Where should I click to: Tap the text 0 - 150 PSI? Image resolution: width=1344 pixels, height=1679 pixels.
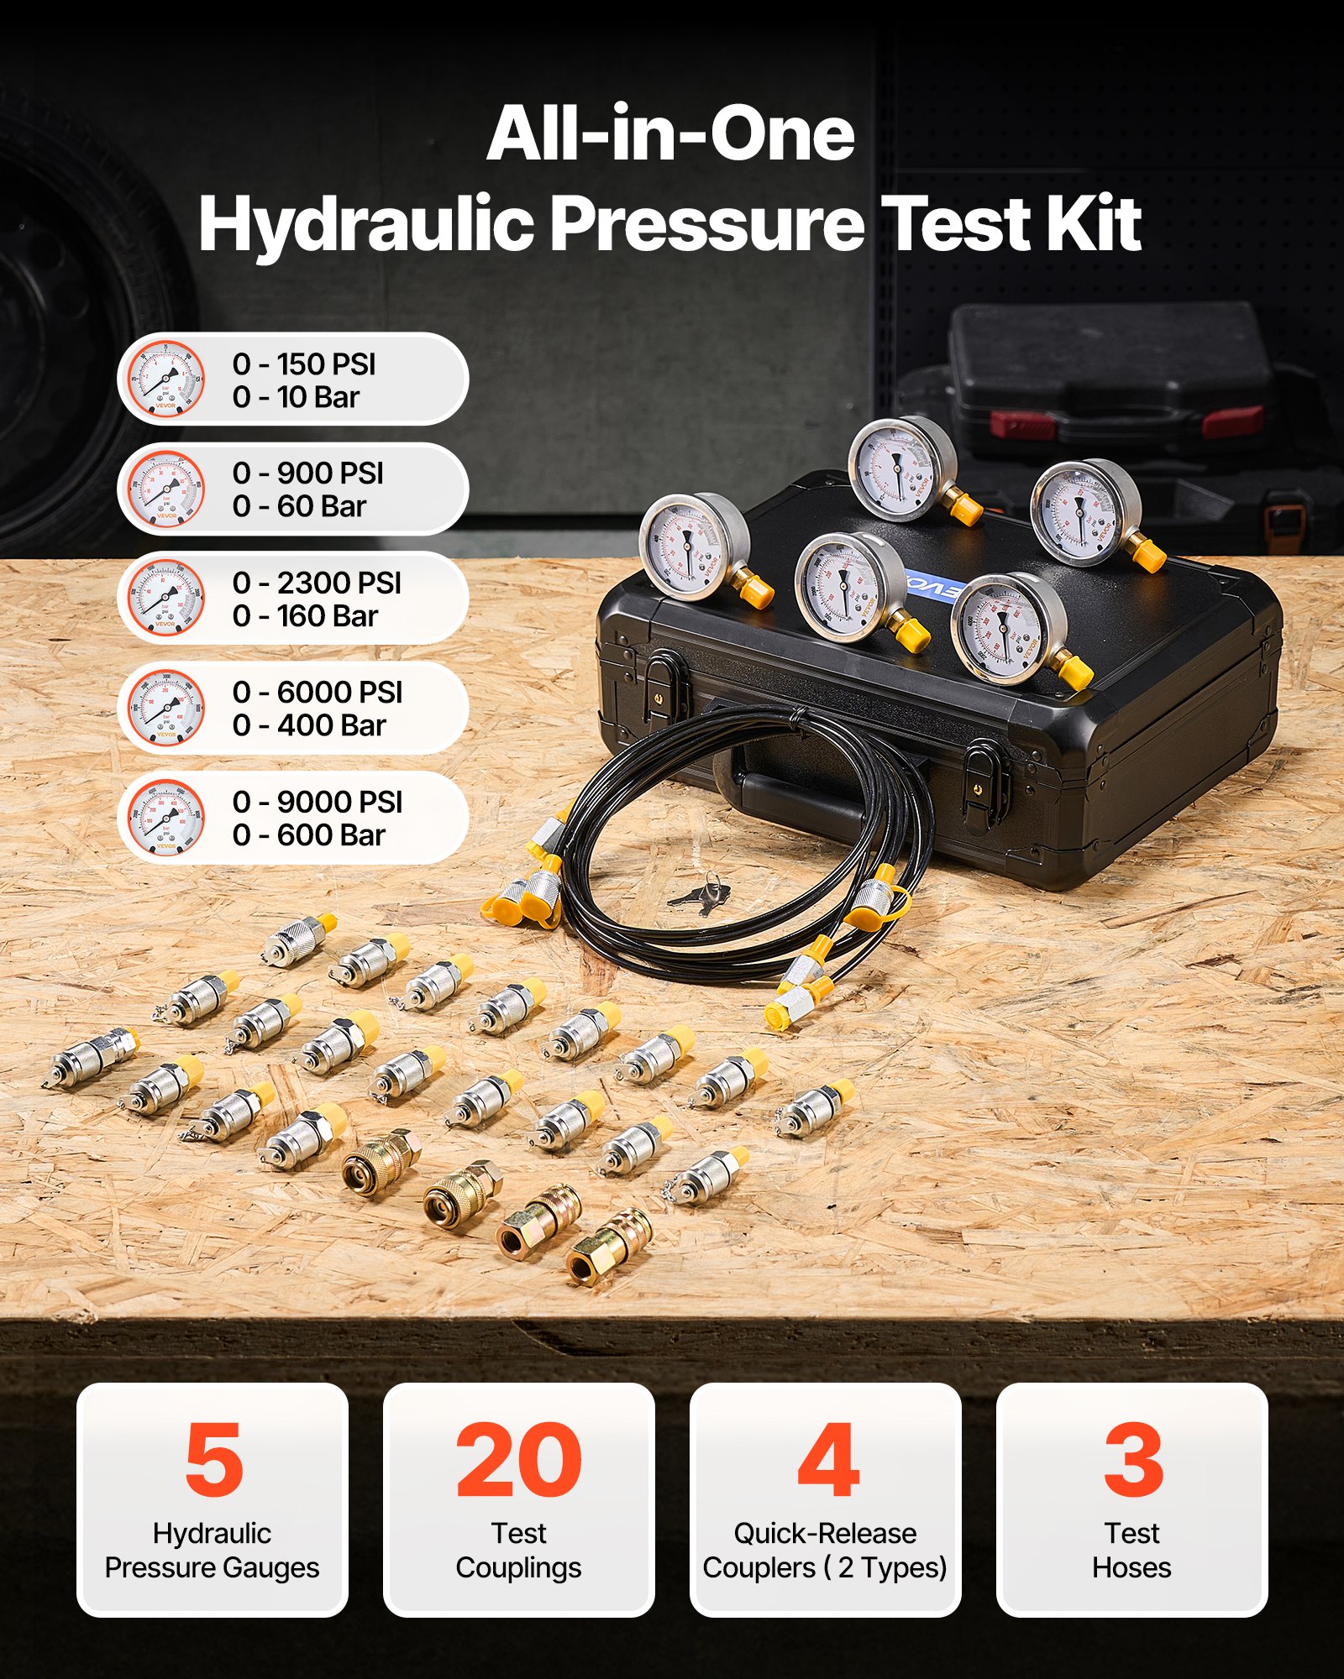click(x=304, y=364)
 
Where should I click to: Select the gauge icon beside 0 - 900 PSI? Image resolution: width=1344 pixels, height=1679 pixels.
click(x=165, y=489)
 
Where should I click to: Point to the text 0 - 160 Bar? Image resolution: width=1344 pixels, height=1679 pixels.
click(x=305, y=616)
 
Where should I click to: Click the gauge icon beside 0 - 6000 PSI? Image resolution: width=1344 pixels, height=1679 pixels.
click(x=165, y=709)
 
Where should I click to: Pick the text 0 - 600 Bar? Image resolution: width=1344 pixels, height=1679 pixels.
click(x=308, y=835)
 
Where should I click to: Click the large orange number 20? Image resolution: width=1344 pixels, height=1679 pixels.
click(x=518, y=1461)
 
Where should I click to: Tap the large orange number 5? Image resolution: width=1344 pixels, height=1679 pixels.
click(x=213, y=1461)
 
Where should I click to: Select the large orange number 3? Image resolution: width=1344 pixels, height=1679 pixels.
click(x=1132, y=1461)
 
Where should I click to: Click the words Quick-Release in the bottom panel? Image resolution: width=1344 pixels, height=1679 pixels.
click(x=825, y=1534)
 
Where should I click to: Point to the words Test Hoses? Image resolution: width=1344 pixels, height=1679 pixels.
click(x=1131, y=1551)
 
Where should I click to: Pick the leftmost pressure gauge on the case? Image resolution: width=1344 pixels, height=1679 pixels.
click(x=693, y=547)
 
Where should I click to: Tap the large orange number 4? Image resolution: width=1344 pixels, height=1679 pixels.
click(x=827, y=1461)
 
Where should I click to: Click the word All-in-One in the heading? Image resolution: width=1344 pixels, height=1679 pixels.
click(x=670, y=134)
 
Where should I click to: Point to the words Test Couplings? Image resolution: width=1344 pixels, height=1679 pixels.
click(x=518, y=1551)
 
